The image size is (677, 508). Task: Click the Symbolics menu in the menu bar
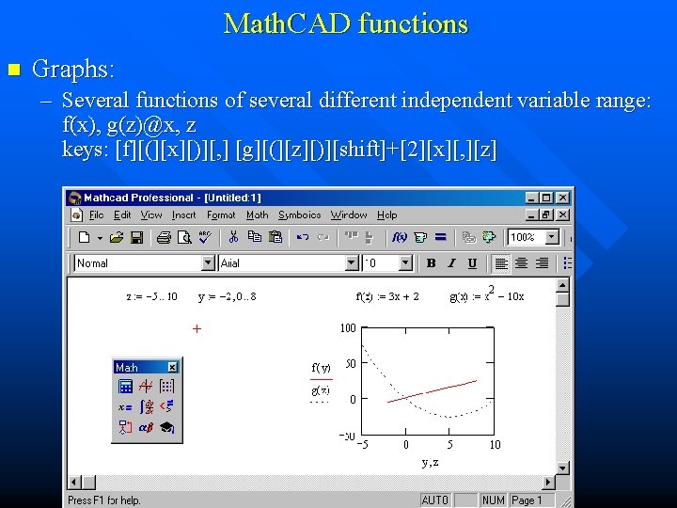pyautogui.click(x=299, y=215)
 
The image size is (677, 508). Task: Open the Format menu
pyautogui.click(x=221, y=215)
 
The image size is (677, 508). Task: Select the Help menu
pyautogui.click(x=387, y=215)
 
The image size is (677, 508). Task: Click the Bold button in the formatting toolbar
pyautogui.click(x=431, y=263)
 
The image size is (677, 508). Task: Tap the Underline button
pyautogui.click(x=472, y=263)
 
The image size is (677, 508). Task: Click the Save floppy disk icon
pyautogui.click(x=136, y=237)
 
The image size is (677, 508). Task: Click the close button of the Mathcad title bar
pyautogui.click(x=562, y=198)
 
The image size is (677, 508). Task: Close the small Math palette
pyautogui.click(x=172, y=367)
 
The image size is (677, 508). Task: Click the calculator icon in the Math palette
pyautogui.click(x=125, y=386)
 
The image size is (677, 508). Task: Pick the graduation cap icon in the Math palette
pyautogui.click(x=166, y=427)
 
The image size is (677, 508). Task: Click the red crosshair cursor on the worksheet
pyautogui.click(x=197, y=329)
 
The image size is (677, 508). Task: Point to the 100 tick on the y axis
pyautogui.click(x=348, y=328)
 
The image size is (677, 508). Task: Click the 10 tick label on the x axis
pyautogui.click(x=495, y=445)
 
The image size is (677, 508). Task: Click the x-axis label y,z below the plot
pyautogui.click(x=431, y=462)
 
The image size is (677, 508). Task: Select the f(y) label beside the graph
pyautogui.click(x=322, y=367)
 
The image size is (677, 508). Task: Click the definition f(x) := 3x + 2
pyautogui.click(x=387, y=296)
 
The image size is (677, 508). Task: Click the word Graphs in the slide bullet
pyautogui.click(x=72, y=69)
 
